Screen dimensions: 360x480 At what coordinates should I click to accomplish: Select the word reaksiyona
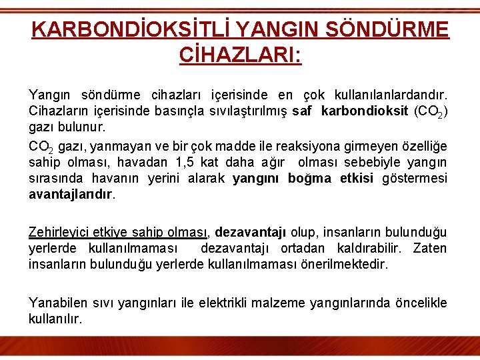321,146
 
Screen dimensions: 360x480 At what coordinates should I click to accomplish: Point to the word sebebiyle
377,162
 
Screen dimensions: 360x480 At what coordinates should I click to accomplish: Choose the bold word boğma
309,178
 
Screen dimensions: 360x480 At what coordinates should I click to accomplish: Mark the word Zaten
430,248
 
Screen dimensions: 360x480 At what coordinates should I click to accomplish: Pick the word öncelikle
419,303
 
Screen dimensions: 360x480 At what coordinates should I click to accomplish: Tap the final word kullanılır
55,319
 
